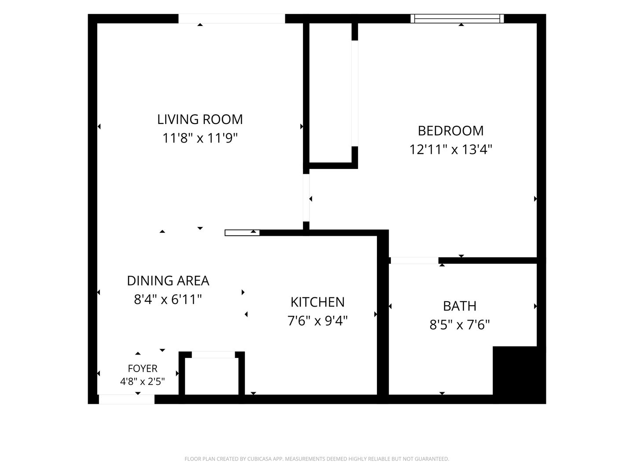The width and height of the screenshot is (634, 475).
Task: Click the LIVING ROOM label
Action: click(200, 119)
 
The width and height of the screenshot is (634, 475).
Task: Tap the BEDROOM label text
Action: click(450, 131)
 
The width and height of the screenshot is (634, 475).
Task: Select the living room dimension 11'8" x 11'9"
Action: click(200, 138)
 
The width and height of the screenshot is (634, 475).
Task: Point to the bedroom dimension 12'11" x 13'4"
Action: click(450, 150)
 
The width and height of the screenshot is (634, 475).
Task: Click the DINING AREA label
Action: click(168, 281)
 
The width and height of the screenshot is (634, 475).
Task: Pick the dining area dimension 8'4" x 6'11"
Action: click(168, 300)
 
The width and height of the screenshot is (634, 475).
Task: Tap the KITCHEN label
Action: click(317, 302)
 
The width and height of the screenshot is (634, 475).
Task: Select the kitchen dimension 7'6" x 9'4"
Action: click(317, 321)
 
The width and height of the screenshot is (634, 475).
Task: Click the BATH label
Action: click(460, 306)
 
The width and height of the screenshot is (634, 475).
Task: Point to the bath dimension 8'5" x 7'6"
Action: click(460, 325)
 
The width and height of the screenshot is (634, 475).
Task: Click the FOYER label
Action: click(142, 369)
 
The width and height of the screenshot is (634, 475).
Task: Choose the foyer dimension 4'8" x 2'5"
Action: click(142, 382)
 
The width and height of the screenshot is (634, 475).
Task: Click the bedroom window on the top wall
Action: click(457, 18)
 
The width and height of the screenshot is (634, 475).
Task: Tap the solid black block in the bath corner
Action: click(515, 371)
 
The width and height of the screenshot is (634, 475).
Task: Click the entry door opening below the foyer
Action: click(126, 399)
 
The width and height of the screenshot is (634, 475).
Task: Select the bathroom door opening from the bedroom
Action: click(414, 260)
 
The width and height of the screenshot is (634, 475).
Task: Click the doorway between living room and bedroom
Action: click(306, 198)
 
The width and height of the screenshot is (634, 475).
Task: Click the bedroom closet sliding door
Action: click(355, 93)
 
